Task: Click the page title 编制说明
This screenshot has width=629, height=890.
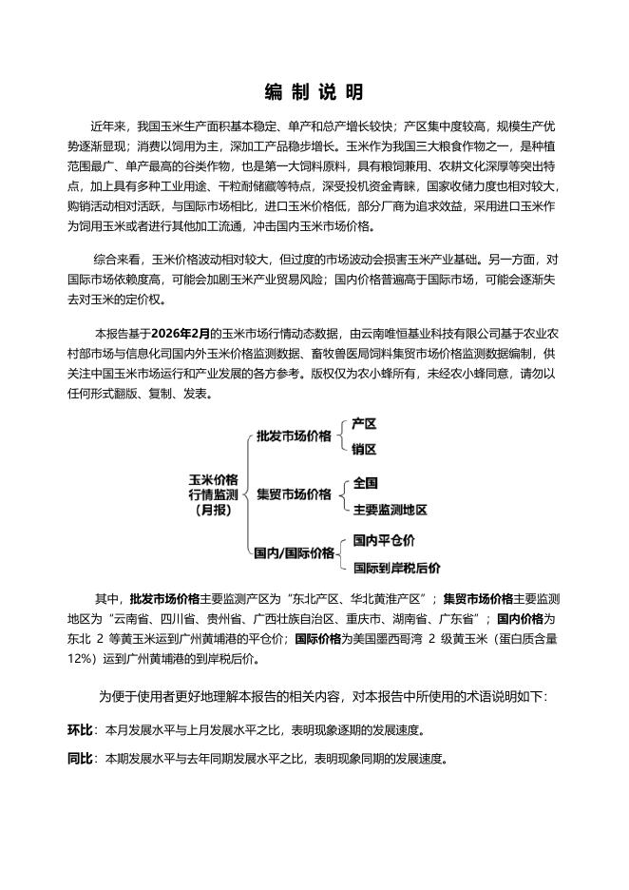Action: [314, 92]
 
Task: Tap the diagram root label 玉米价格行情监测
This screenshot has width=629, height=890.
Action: [213, 493]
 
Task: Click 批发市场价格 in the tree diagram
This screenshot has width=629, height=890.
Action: [295, 435]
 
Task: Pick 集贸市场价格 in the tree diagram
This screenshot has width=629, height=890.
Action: [295, 494]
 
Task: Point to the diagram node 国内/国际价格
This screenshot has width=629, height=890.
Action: [294, 552]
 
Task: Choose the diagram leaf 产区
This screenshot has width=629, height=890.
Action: [364, 423]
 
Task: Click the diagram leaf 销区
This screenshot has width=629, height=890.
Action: [364, 449]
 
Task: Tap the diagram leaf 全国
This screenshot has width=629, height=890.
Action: [365, 482]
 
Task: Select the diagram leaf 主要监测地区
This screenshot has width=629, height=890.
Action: [390, 509]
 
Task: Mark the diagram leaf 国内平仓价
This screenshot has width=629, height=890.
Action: [384, 540]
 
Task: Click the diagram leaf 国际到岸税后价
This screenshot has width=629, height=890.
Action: [396, 568]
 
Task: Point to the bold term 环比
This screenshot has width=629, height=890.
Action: [80, 730]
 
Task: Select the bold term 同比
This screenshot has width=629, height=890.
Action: [80, 759]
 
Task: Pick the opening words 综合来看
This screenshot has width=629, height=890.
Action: [116, 259]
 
